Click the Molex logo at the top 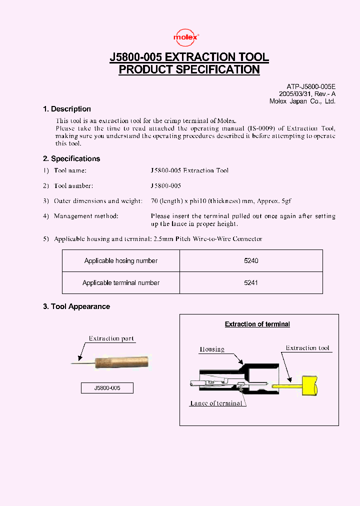186,37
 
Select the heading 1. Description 67,109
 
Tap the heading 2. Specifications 71,158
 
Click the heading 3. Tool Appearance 76,306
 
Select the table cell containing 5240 251,261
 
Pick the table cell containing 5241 251,282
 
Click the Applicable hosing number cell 121,261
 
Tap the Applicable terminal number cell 121,282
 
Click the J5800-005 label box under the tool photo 107,387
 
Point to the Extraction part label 111,338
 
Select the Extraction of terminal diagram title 257,324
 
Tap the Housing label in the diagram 212,349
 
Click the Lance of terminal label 216,403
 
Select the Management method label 86,216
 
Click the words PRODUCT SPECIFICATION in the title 189,69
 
